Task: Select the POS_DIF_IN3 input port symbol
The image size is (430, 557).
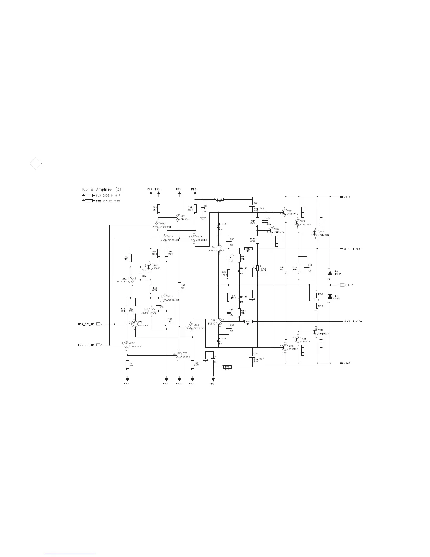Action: (x=99, y=345)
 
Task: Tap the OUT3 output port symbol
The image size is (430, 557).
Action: (x=343, y=285)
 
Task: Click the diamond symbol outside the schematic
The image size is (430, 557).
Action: (x=35, y=164)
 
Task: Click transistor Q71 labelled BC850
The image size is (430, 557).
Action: (x=178, y=218)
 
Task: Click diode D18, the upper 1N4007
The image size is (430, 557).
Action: (x=330, y=273)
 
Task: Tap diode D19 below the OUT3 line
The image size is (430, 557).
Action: (x=330, y=297)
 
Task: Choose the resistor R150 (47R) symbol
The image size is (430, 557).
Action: (x=220, y=199)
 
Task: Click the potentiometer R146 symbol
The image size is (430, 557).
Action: (x=258, y=269)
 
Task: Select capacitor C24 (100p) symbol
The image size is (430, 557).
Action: (x=141, y=273)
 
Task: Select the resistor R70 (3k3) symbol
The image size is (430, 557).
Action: (x=128, y=365)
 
